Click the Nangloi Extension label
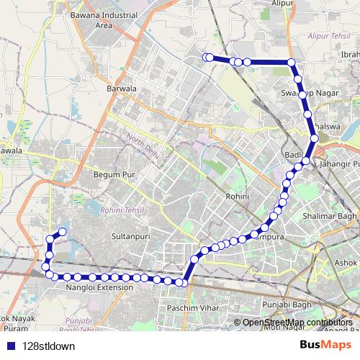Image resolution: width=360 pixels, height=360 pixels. [x=99, y=287]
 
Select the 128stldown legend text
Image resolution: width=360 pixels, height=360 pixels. [x=49, y=345]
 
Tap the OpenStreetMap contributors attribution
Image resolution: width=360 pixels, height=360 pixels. [x=297, y=323]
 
